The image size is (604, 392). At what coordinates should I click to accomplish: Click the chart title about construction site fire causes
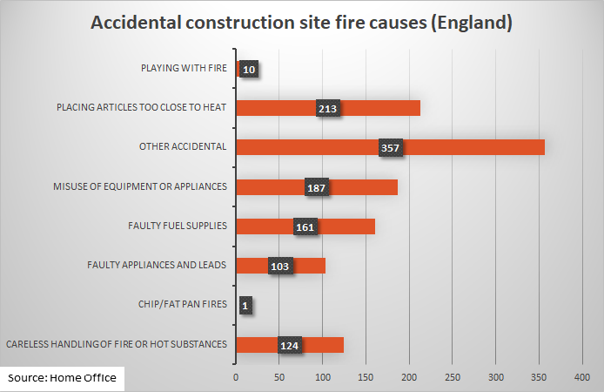[x=302, y=24]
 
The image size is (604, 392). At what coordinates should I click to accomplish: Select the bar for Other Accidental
[x=470, y=147]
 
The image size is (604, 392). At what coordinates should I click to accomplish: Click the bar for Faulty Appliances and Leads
[x=309, y=266]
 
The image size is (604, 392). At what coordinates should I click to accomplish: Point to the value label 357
[x=390, y=148]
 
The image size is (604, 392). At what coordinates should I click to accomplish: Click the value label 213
[x=328, y=109]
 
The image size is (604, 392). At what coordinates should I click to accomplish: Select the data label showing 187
[x=317, y=188]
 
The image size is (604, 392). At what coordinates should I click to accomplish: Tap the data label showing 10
[x=249, y=70]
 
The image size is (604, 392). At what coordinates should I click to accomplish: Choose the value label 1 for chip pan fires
[x=245, y=306]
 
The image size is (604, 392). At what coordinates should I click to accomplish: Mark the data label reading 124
[x=290, y=346]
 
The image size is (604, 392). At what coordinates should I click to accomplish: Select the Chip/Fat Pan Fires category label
[x=183, y=304]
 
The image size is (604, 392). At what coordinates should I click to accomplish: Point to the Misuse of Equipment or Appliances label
[x=139, y=186]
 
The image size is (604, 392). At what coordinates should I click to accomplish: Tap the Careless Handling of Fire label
[x=117, y=344]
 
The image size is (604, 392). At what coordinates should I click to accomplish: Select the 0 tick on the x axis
[x=236, y=377]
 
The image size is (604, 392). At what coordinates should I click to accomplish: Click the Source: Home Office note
[x=63, y=378]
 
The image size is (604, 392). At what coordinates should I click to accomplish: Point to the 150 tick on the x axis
[x=366, y=377]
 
